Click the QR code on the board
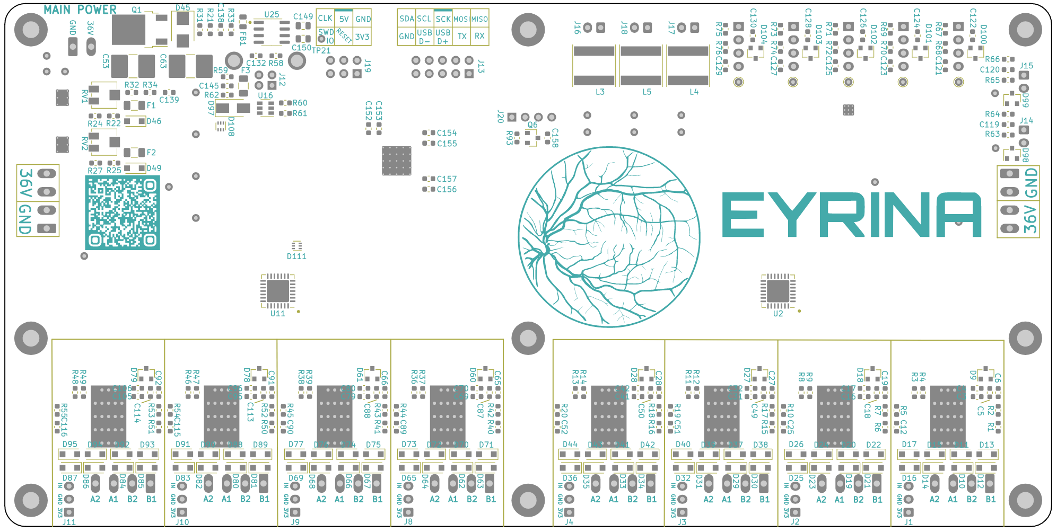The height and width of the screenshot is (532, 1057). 122,212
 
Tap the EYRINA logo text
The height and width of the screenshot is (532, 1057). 852,215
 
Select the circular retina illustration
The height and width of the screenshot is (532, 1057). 609,236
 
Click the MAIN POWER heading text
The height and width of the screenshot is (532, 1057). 80,10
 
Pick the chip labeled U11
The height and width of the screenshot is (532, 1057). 278,291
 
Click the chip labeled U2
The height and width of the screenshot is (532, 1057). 778,291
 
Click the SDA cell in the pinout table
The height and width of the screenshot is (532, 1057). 406,19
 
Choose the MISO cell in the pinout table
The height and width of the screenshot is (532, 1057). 479,19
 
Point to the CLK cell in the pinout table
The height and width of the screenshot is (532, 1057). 325,19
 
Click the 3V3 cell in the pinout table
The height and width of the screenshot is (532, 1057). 362,37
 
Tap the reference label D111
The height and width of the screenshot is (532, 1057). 296,256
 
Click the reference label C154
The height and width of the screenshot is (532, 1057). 447,133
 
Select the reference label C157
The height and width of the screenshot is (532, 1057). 447,179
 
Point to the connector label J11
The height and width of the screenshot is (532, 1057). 69,522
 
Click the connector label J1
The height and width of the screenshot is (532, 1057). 909,522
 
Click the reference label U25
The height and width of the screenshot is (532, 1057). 272,15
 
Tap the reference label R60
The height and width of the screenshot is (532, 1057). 300,103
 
